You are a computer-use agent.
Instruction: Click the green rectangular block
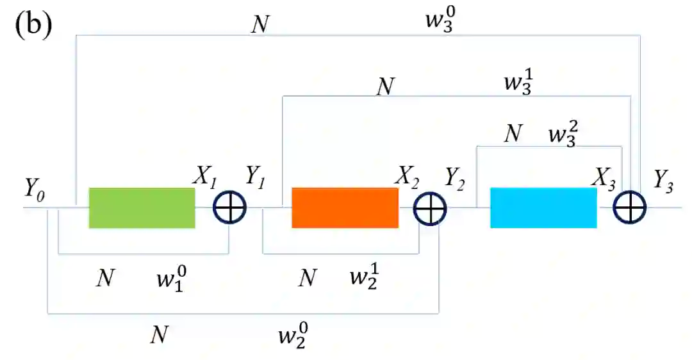[x=142, y=208]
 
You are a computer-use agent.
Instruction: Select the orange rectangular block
[x=345, y=208]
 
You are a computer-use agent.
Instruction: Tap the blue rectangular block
[x=543, y=208]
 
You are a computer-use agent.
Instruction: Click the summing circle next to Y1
[x=229, y=208]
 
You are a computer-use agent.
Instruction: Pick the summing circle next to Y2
[x=430, y=208]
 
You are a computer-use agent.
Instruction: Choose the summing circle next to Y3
[x=630, y=208]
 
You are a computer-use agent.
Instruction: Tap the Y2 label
[x=456, y=181]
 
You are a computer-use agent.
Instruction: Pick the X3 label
[x=604, y=180]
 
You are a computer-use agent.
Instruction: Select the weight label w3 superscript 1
[x=518, y=85]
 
